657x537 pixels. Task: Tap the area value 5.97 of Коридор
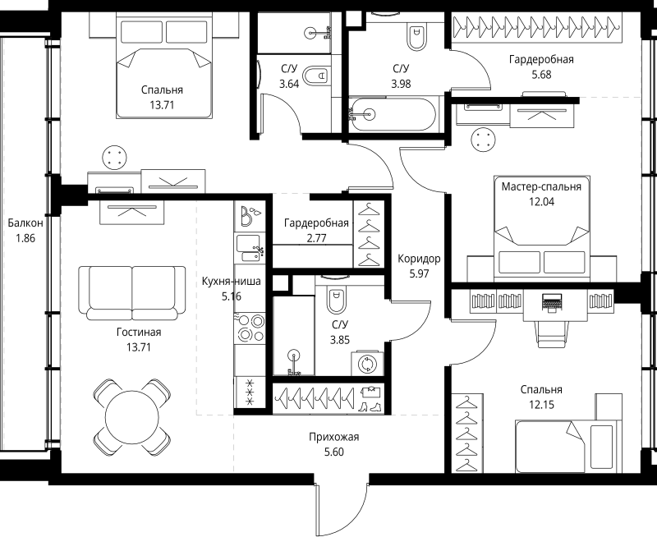click(x=419, y=273)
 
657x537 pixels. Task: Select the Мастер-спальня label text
click(x=541, y=186)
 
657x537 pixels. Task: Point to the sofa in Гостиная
click(x=131, y=291)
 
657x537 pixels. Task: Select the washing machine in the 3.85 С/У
click(x=366, y=362)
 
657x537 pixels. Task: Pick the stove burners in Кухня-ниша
click(x=250, y=328)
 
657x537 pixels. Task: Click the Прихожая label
click(x=329, y=438)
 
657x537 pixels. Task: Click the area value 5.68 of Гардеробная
click(x=540, y=75)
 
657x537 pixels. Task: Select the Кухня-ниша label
click(x=232, y=281)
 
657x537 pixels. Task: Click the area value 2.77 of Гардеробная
click(x=316, y=238)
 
